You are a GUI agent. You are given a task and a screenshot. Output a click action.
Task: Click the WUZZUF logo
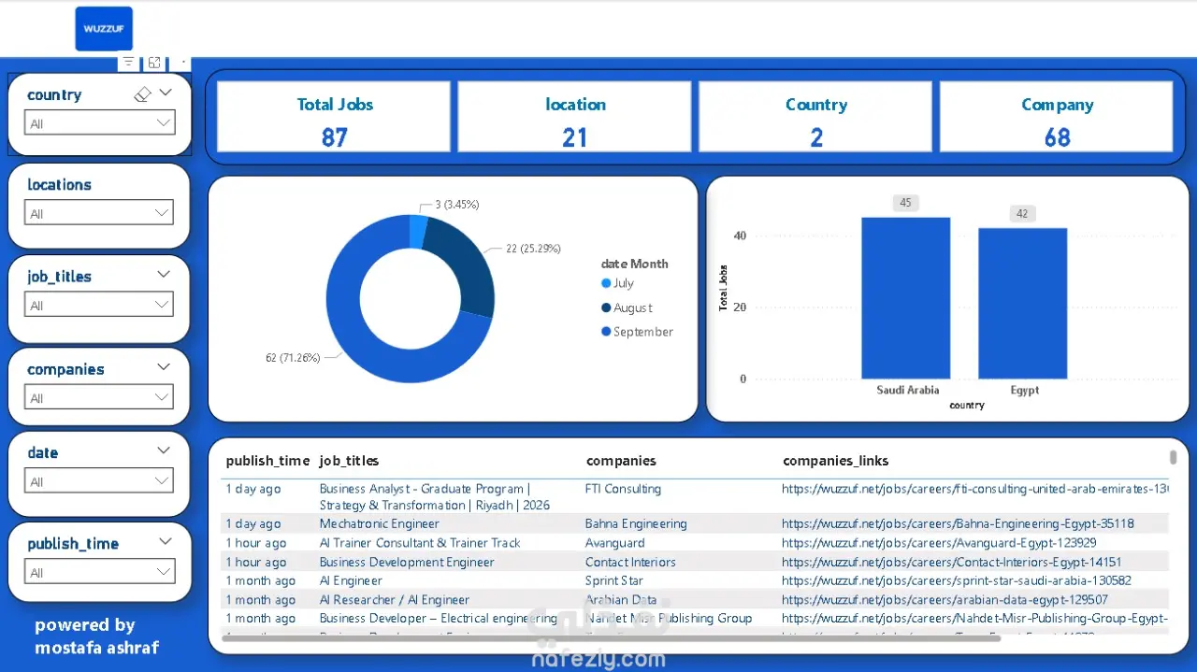click(104, 29)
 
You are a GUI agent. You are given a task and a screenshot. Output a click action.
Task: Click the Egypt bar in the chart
click(1022, 303)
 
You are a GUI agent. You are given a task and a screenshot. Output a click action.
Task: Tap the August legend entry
click(632, 307)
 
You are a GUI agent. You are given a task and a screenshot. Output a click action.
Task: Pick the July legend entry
click(623, 283)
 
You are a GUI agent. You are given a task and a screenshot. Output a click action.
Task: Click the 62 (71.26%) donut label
click(293, 357)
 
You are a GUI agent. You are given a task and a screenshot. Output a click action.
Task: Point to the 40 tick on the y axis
click(740, 236)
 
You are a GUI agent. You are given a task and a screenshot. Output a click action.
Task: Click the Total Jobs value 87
click(334, 137)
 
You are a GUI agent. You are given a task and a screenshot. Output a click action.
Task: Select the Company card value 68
click(1057, 137)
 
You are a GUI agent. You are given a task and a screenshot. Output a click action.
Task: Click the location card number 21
click(574, 137)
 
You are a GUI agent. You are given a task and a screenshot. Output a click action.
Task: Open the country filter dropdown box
click(99, 123)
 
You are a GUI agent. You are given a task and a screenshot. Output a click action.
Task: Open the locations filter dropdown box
click(99, 213)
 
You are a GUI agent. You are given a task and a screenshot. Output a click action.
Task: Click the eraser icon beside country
click(142, 94)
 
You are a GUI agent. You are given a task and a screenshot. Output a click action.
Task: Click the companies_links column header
click(835, 461)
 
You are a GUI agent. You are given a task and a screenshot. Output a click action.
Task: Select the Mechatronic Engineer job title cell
click(379, 523)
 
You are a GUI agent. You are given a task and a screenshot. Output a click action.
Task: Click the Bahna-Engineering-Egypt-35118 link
click(958, 523)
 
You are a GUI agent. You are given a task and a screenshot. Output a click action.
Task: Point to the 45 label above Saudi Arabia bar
click(905, 203)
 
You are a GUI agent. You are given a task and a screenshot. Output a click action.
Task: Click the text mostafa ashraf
click(97, 648)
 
